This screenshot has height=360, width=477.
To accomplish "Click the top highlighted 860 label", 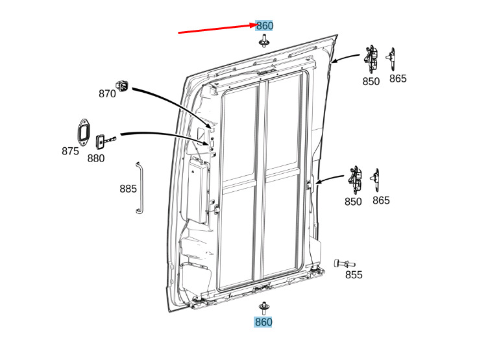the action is point(264,26).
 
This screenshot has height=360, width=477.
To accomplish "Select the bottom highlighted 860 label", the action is point(263,322).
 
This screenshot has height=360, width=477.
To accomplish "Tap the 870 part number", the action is point(107,93).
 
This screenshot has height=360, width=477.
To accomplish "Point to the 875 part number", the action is point(70,151).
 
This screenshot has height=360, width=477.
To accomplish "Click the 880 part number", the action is point(96,158).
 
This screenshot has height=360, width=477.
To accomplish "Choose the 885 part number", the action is point(128,189).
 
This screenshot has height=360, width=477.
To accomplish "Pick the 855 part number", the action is point(354,275).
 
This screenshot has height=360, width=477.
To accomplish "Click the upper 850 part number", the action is point(371,82).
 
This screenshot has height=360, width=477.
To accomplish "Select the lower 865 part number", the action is point(381,200).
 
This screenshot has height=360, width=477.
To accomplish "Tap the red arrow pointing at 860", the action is point(217,29).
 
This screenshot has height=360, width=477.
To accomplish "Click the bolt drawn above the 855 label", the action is point(344,263).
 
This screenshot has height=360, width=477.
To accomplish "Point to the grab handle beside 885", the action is point(139,188).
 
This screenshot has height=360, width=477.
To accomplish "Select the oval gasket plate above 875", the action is point(83,131).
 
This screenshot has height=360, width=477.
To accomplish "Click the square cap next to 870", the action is point(122,86).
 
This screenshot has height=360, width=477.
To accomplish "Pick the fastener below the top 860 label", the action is point(264,41).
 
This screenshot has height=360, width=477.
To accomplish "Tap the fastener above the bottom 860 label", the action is point(263,308).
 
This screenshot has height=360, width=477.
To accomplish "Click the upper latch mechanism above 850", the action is point(371,59).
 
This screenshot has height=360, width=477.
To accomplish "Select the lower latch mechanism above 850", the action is point(355,180).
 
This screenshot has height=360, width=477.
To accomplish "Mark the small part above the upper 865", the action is point(391,59).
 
